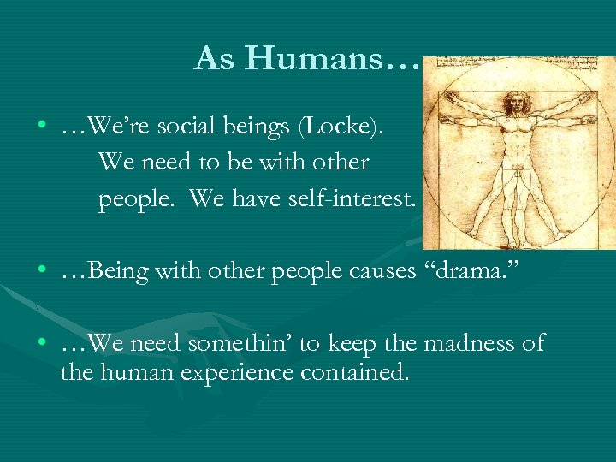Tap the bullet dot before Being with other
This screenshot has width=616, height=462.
coord(41,272)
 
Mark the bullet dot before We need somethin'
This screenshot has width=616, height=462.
coord(41,344)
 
